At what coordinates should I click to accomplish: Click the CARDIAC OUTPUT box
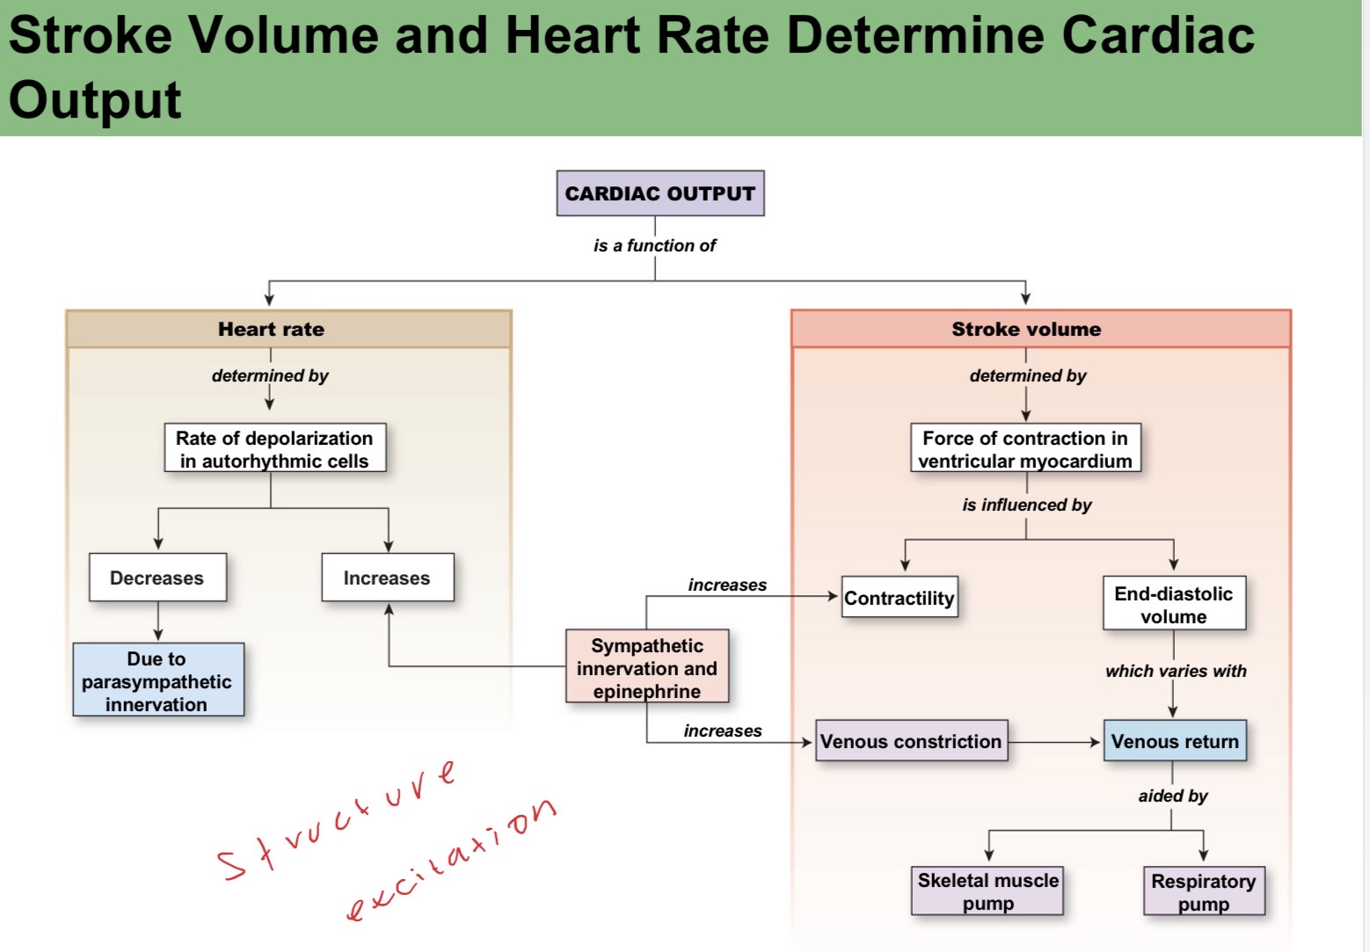click(659, 193)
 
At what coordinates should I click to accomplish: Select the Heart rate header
click(271, 330)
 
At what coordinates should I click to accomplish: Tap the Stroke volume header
click(1025, 330)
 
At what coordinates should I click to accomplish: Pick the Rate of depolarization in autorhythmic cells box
click(274, 449)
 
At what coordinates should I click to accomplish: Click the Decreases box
click(157, 578)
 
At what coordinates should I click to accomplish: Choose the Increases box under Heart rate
click(387, 578)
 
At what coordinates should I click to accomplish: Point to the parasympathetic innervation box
click(157, 680)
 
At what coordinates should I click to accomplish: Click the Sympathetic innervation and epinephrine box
click(647, 667)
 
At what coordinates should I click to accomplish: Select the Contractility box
click(899, 598)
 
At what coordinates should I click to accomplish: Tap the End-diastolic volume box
click(1174, 604)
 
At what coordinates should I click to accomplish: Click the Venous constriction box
click(911, 741)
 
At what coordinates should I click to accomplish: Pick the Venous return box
click(1175, 741)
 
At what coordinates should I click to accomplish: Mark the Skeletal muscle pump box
click(987, 891)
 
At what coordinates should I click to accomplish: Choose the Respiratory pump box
click(1204, 891)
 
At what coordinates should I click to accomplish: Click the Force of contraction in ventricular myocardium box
click(1025, 449)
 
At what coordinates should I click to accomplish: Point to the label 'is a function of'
click(654, 246)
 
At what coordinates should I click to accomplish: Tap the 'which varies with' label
click(1176, 672)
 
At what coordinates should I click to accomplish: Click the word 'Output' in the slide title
click(95, 99)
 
